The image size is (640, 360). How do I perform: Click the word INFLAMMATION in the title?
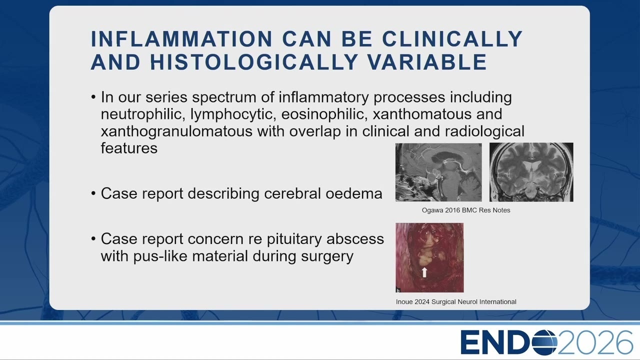coord(181,38)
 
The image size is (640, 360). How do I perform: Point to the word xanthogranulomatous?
coord(176,131)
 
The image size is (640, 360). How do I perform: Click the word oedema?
coord(353,193)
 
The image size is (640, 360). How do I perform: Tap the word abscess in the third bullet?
coord(355,239)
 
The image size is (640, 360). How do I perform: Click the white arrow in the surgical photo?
coord(424,272)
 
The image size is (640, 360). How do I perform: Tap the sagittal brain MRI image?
coord(438,172)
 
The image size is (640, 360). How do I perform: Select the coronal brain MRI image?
coord(531,172)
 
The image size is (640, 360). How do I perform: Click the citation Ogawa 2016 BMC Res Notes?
coord(466,210)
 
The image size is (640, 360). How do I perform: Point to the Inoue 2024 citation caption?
coord(456,302)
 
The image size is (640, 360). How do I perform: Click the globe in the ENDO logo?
coord(544,342)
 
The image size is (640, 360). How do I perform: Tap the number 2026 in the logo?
coord(595,342)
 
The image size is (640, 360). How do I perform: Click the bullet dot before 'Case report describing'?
coord(93,193)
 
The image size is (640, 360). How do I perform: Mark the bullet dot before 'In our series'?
coord(93,97)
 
